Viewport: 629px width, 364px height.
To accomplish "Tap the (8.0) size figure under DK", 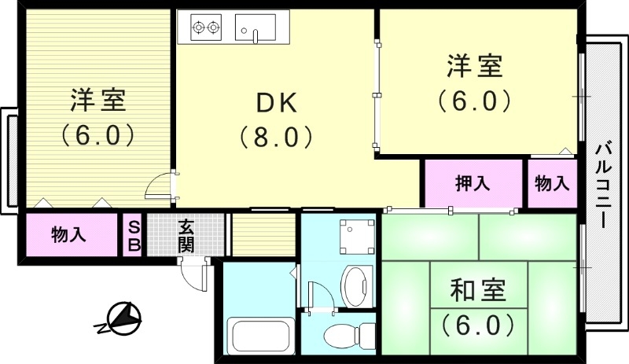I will point(277,138).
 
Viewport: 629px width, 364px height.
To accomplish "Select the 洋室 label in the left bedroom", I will point(97,101).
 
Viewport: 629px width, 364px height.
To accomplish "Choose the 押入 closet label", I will point(473,184).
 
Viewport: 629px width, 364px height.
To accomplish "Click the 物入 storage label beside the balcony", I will point(551,184).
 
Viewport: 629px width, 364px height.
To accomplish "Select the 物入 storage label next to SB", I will point(69,234).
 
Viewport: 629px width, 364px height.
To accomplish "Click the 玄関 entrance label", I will point(186,235).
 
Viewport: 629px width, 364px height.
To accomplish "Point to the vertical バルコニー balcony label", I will point(603,184).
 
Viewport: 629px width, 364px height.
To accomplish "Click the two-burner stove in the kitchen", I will point(207,28).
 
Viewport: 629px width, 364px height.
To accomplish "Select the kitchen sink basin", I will point(256,28).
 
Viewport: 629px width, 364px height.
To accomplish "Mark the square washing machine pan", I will point(349,234).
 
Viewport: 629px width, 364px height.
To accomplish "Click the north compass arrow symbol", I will point(120,318).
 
